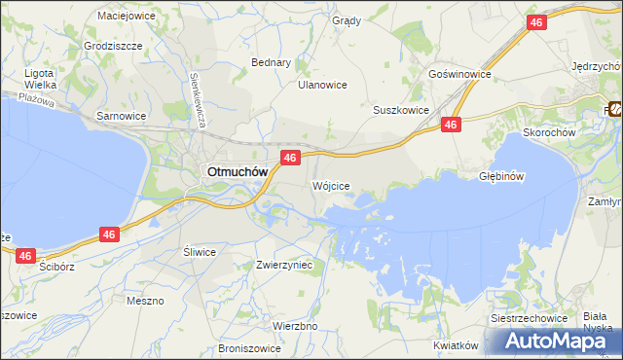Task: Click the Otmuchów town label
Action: pos(236,171)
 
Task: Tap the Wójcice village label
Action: pos(331,185)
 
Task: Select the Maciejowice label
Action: pos(128,16)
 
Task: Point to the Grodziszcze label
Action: pos(114,46)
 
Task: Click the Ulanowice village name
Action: pos(322,85)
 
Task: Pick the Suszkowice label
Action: pos(401,110)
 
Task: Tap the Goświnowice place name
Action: pos(459,74)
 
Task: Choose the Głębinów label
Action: pos(502,176)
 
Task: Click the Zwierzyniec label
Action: pos(283,264)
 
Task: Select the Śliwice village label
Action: pos(200,251)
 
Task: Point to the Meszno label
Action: pos(145,301)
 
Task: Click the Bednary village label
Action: pos(272,62)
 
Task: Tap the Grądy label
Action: pos(346,20)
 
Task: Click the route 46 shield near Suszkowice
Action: pos(450,125)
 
